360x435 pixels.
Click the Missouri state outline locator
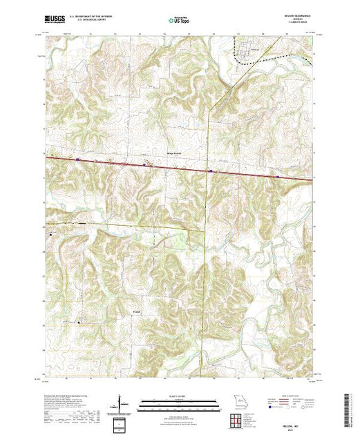click(240, 402)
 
